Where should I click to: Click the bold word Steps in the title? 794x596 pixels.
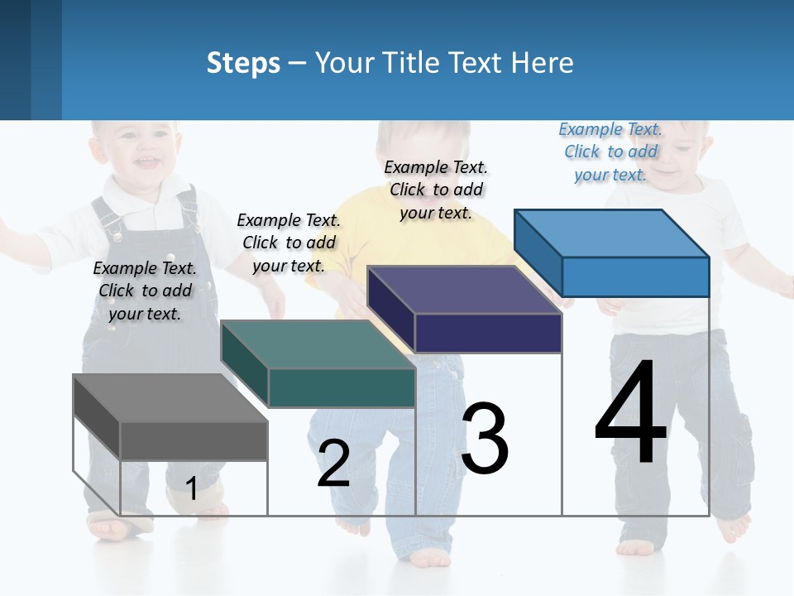point(243,63)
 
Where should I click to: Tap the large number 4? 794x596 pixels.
point(630,414)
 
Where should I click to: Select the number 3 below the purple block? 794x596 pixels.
point(485,439)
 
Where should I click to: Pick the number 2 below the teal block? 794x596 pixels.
point(333,464)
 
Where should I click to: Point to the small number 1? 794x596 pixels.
point(191,488)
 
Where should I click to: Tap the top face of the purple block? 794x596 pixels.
point(464,290)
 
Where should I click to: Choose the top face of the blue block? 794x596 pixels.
point(611,233)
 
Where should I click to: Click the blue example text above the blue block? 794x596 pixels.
point(610,151)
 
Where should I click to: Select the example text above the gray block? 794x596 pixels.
point(145,291)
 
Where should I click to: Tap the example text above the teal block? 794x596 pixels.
point(289,243)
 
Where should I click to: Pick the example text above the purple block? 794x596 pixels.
point(436,190)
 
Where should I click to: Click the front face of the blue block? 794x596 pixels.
point(635,276)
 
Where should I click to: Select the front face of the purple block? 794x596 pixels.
point(488,333)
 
